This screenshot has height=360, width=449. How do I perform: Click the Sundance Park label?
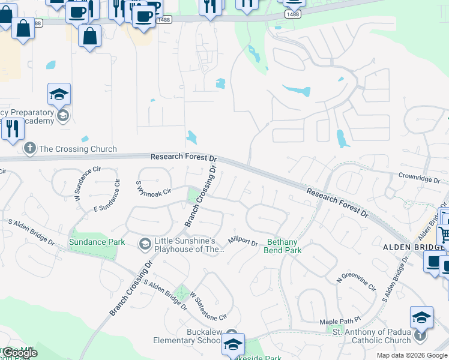click(97, 242)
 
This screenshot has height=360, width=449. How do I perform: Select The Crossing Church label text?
click(78, 149)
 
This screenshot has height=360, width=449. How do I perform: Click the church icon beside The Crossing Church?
click(29, 148)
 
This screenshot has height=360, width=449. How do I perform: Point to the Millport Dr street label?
click(243, 242)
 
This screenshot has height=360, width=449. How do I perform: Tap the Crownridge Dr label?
click(423, 178)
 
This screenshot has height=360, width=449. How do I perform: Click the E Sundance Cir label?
click(112, 207)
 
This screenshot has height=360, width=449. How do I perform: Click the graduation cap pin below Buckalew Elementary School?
click(233, 344)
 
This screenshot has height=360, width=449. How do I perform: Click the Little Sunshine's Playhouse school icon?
click(145, 244)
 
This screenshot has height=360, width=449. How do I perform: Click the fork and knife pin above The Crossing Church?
click(12, 128)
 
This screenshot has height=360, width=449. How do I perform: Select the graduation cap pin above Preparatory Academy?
click(59, 94)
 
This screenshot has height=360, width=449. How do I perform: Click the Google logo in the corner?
click(20, 353)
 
